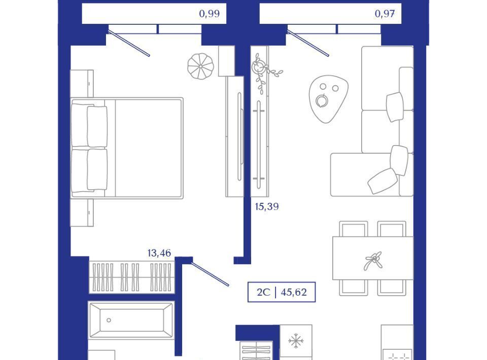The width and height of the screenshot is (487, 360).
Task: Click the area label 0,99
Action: click(210, 14)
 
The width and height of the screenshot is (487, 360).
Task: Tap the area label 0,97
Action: click(385, 14)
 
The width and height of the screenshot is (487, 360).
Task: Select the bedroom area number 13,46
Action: click(159, 253)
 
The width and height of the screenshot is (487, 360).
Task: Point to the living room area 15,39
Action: click(267, 206)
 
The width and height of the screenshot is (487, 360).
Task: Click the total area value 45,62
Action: click(294, 292)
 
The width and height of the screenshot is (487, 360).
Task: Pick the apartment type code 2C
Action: click(264, 292)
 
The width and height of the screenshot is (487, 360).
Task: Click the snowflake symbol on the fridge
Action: click(296, 341)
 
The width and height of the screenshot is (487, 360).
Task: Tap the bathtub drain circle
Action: click(109, 320)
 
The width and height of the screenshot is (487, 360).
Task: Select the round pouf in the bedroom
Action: click(201, 66)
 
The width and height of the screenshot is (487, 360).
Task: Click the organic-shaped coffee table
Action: click(328, 99)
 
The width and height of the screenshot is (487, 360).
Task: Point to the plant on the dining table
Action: click(374, 260)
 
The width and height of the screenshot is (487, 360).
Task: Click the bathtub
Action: click(131, 320)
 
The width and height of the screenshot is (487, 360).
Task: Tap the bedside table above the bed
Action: click(82, 84)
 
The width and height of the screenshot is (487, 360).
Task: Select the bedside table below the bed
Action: click(82, 212)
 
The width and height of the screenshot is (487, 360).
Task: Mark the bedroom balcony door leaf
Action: click(129, 43)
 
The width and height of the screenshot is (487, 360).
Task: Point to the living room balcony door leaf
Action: click(308, 43)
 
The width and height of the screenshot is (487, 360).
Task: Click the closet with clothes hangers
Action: click(132, 277)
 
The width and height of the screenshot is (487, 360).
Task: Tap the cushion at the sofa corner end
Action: click(382, 181)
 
